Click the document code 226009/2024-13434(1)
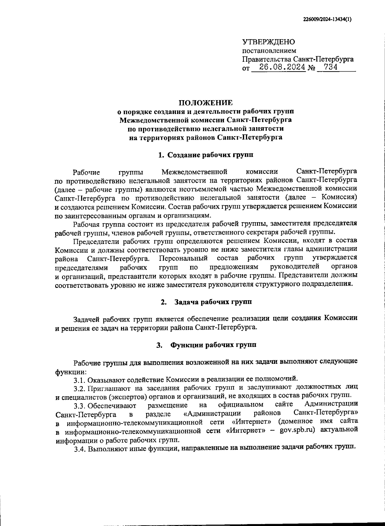(327, 19)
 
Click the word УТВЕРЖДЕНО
(268, 42)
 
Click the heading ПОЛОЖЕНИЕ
(206, 103)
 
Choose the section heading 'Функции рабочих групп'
(213, 345)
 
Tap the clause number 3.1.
(79, 380)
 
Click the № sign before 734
(311, 68)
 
